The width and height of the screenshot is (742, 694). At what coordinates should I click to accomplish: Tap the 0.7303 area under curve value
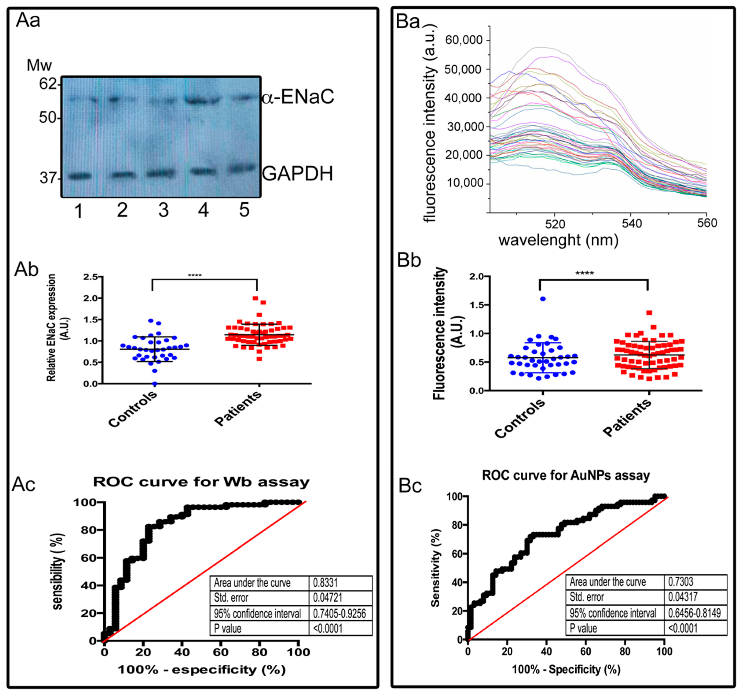click(681, 582)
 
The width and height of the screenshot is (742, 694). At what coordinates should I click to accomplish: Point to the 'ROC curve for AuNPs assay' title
click(566, 475)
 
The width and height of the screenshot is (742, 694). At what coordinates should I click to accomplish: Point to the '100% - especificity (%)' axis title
click(201, 669)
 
